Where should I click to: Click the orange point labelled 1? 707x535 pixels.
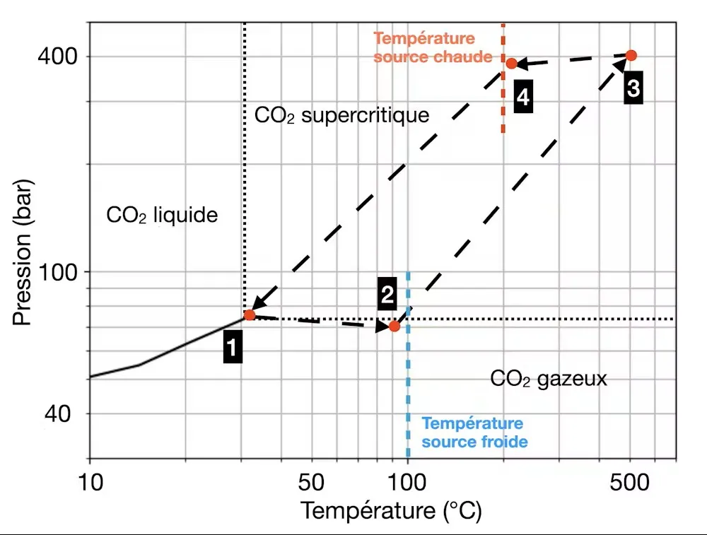click(250, 315)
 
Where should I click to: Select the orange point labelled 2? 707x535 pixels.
click(395, 327)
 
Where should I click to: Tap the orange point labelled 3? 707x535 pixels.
click(631, 55)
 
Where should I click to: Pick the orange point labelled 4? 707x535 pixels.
click(511, 64)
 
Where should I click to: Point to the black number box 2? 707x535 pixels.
click(387, 295)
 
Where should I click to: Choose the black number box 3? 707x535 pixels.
click(633, 88)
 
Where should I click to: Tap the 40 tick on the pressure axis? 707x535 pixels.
click(62, 413)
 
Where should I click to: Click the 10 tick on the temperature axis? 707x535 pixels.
click(90, 483)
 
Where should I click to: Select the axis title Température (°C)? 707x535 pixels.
click(391, 511)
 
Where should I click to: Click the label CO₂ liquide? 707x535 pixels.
click(162, 215)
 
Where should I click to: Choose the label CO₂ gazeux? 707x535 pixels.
click(549, 378)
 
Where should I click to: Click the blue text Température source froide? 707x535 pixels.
click(474, 433)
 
